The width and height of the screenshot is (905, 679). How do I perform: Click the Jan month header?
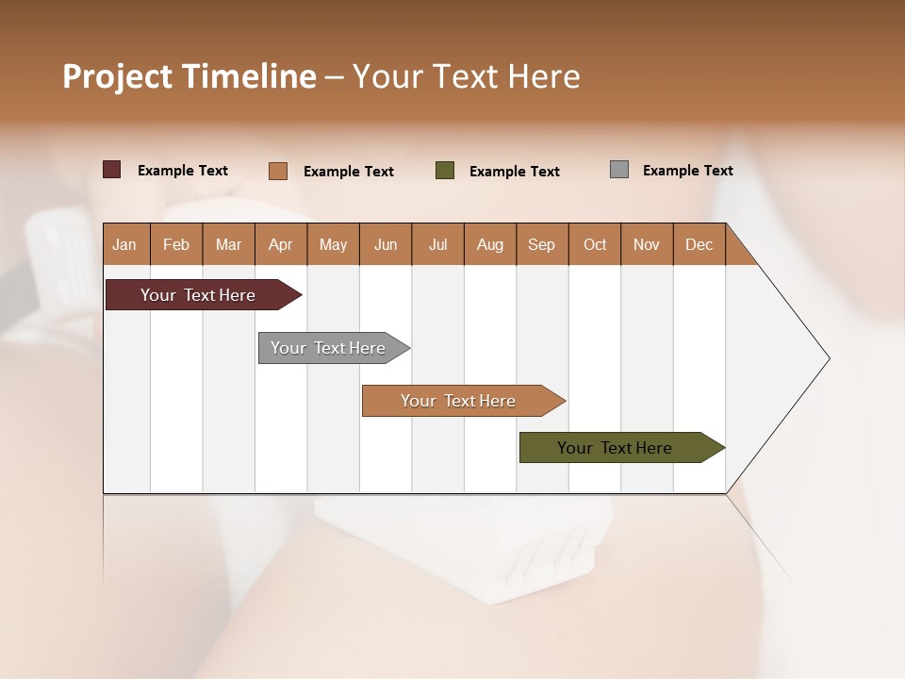point(125,244)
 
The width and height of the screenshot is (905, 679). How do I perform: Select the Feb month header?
point(176,244)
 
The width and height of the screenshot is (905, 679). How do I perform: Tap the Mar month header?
point(228,244)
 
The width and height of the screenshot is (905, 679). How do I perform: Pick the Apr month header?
point(281,244)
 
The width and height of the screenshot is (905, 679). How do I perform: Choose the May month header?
point(333,244)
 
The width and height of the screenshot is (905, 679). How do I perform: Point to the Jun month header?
point(386,244)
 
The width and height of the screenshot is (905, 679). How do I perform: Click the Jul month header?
point(437,244)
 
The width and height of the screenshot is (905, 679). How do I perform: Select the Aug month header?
point(490,244)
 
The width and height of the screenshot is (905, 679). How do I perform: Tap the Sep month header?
point(542,244)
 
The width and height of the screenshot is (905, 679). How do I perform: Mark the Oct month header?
point(595,244)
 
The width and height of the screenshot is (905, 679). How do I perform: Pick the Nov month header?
point(647,244)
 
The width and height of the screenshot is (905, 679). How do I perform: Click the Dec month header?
point(699,244)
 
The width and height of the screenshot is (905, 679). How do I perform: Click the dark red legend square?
point(112,170)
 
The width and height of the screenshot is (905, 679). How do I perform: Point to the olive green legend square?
point(445,171)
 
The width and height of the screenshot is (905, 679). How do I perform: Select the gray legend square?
point(619,170)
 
